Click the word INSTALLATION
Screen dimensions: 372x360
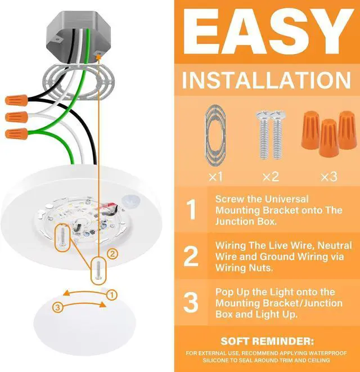266,80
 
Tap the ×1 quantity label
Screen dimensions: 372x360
215,176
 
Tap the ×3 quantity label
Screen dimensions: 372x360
328,176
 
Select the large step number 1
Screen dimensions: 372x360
192,210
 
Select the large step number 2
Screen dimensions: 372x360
192,256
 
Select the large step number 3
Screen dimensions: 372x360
192,302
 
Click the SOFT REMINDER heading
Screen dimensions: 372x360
266,341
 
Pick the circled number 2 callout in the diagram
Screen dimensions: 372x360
112,254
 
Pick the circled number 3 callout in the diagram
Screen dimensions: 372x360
57,307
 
